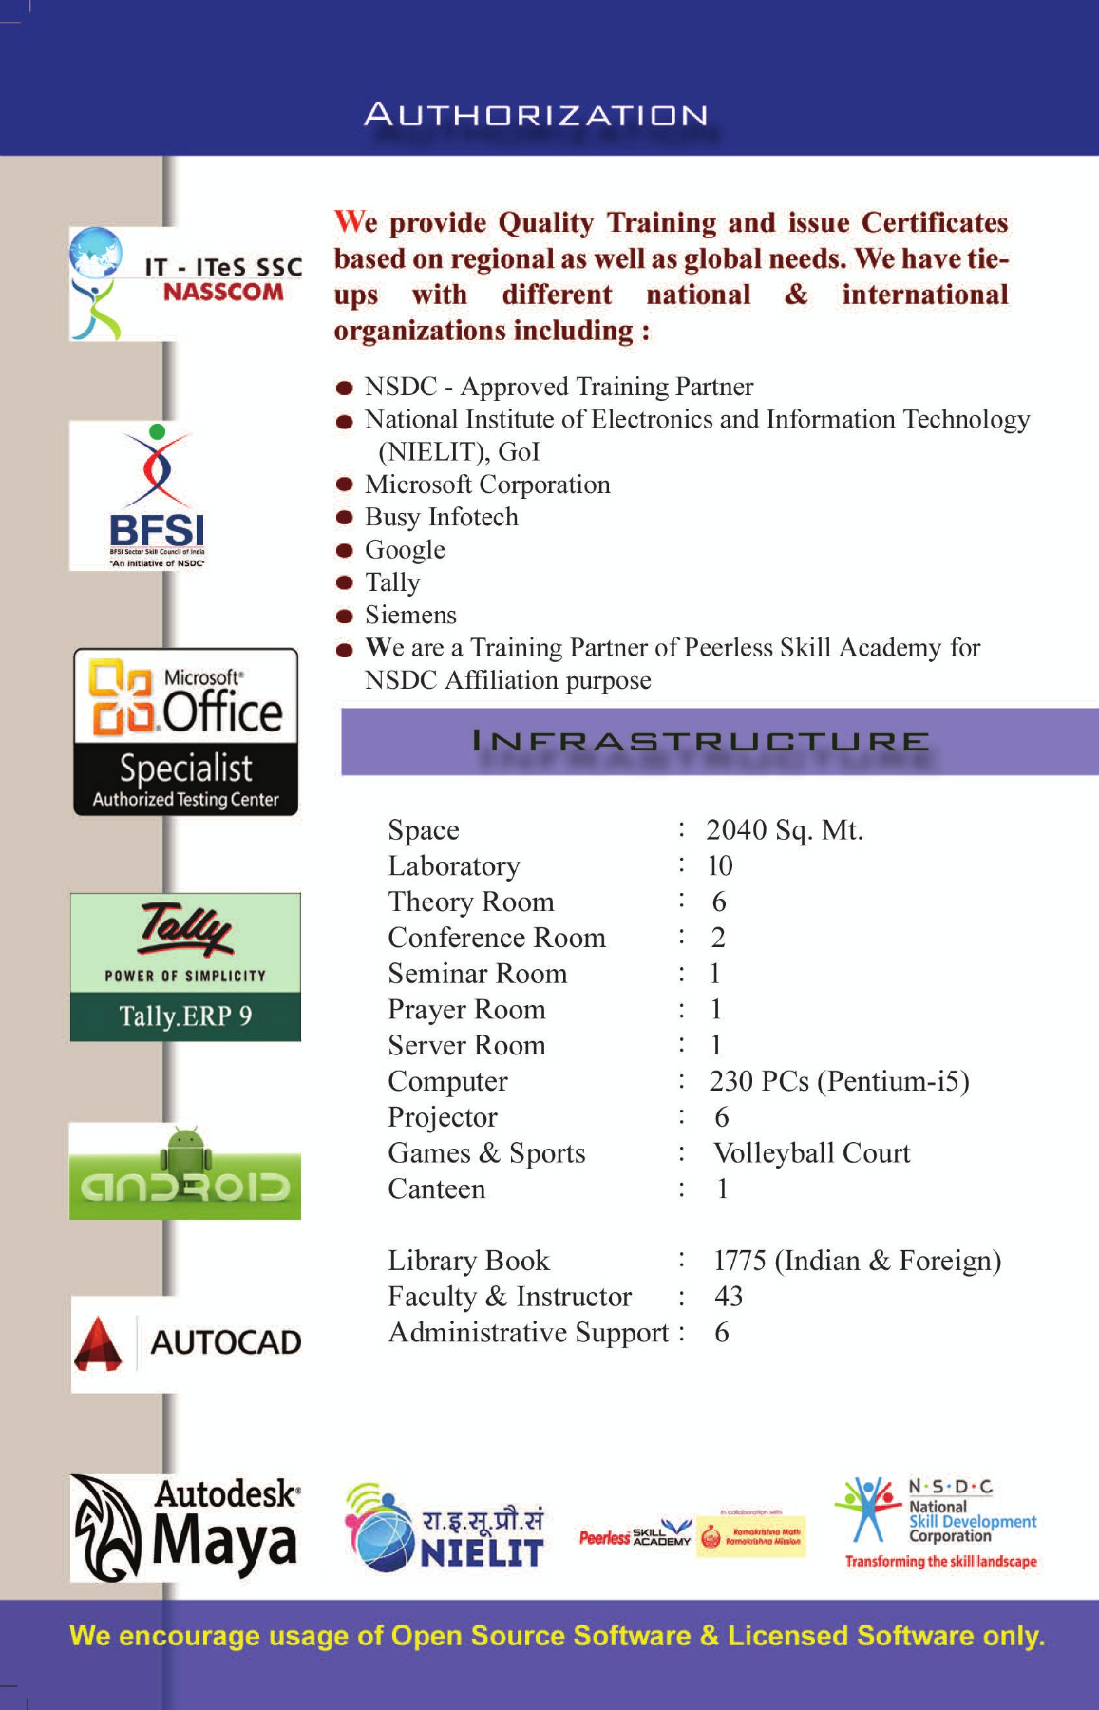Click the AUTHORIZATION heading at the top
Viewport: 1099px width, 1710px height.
pyautogui.click(x=537, y=115)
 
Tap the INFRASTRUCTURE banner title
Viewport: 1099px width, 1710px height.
pyautogui.click(x=700, y=741)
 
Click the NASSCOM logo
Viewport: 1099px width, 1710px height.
pyautogui.click(x=186, y=283)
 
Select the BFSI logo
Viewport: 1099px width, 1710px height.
pyautogui.click(x=157, y=496)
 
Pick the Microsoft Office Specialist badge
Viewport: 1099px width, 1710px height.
pyautogui.click(x=186, y=732)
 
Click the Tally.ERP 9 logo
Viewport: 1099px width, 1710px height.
pyautogui.click(x=185, y=967)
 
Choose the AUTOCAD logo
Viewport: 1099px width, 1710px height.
pyautogui.click(x=187, y=1343)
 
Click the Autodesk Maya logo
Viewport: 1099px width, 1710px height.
pyautogui.click(x=186, y=1528)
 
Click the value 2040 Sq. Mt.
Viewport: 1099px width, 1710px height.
pyautogui.click(x=785, y=830)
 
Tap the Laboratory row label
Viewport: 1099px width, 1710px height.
pyautogui.click(x=454, y=866)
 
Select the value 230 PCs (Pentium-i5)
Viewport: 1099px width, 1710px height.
pyautogui.click(x=839, y=1081)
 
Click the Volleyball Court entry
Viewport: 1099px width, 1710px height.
pyautogui.click(x=812, y=1153)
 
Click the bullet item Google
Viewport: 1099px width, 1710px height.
pyautogui.click(x=405, y=550)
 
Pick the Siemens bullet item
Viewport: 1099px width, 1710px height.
pyautogui.click(x=410, y=616)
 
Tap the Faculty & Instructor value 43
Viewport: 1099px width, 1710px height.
pyautogui.click(x=729, y=1297)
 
